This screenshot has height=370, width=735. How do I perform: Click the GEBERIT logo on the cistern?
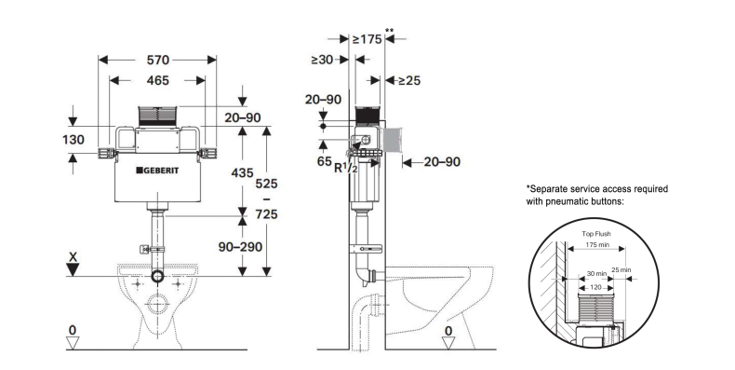click(157, 171)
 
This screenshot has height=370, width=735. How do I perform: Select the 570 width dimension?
click(158, 60)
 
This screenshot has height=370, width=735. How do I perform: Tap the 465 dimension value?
click(158, 81)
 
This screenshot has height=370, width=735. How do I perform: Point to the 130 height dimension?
click(73, 140)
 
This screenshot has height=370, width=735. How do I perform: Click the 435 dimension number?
click(242, 172)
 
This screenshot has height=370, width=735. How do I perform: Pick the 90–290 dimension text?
click(240, 246)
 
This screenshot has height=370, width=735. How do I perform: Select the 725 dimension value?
click(266, 214)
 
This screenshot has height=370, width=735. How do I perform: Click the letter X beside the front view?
click(73, 257)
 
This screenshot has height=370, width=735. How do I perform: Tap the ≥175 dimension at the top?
click(367, 39)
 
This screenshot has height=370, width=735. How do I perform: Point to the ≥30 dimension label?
click(322, 60)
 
